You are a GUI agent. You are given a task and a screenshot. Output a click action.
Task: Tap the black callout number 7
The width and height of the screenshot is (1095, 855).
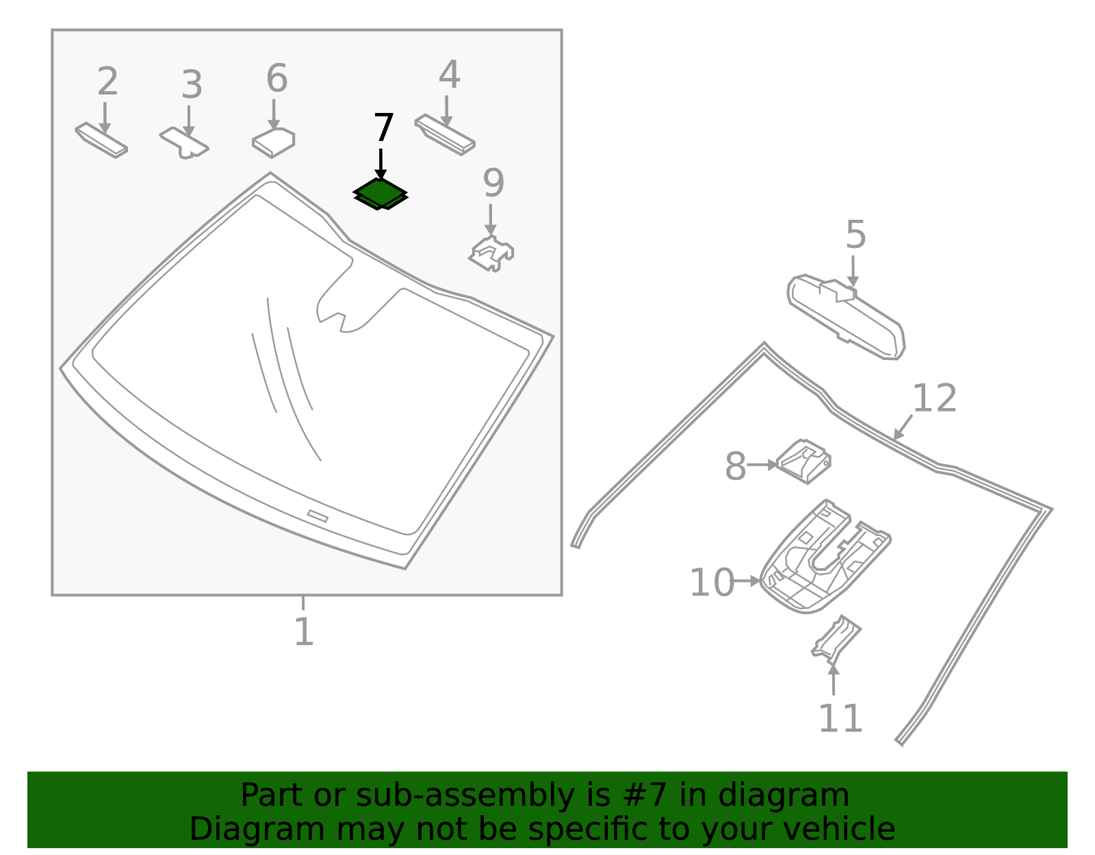383,129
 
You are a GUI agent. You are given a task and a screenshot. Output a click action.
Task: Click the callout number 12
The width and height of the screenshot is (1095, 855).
934,398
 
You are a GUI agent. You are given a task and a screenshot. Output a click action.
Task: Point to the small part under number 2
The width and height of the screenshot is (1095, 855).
101,140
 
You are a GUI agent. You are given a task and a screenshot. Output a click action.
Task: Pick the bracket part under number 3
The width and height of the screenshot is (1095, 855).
184,142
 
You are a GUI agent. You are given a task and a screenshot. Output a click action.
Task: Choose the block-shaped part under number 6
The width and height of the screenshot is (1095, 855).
274,142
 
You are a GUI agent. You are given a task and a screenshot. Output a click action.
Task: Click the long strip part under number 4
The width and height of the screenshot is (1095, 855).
445,135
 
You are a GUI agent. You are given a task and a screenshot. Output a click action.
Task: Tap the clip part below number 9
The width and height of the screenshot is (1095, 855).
491,254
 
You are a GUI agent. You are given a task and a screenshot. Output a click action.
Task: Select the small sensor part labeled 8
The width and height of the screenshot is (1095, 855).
805,461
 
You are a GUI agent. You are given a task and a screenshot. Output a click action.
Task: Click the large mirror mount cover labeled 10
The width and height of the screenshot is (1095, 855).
821,558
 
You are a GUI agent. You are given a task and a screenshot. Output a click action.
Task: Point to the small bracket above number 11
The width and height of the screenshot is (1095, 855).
836,639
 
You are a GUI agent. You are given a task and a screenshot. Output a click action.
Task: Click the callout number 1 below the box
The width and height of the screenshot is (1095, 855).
303,632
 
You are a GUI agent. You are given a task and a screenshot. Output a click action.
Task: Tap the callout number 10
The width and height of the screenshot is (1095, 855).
711,583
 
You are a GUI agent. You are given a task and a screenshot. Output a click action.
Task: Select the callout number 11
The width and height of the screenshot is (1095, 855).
840,719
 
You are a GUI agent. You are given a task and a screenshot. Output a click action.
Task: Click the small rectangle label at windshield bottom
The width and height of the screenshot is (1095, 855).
318,516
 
